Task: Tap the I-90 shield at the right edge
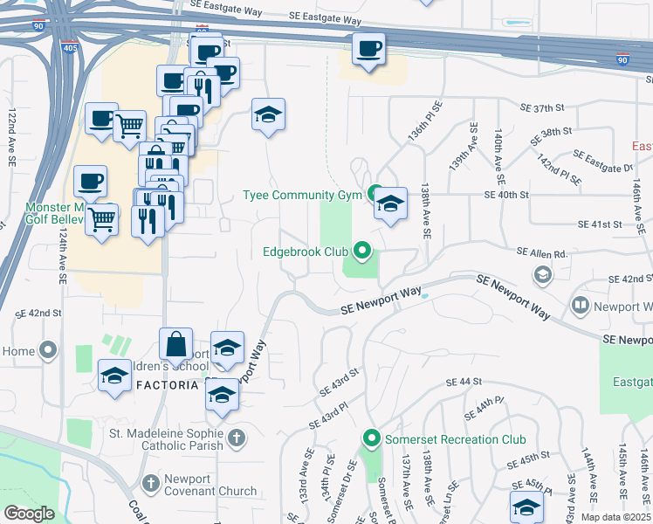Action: click(x=622, y=60)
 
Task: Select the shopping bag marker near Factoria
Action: click(x=175, y=345)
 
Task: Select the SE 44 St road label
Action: click(x=464, y=383)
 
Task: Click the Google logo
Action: click(x=29, y=514)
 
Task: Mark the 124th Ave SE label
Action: click(x=64, y=255)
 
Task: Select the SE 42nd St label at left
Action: click(x=38, y=313)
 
